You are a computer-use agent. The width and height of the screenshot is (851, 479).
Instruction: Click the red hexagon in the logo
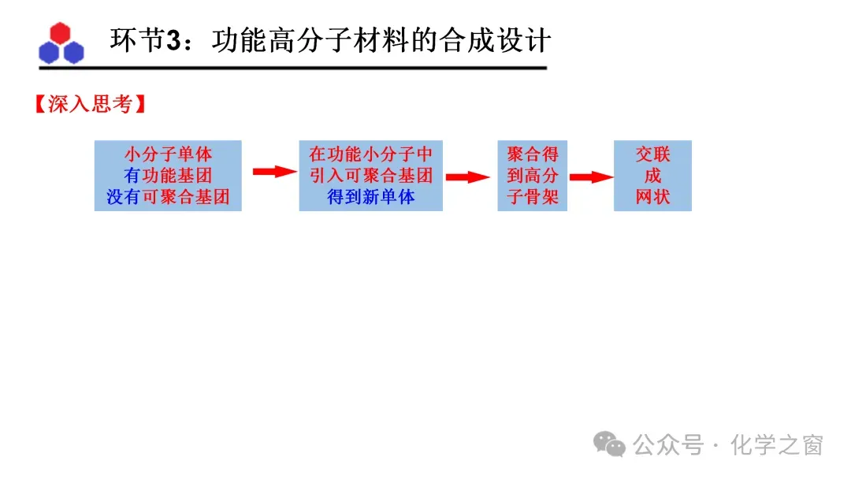pos(61,32)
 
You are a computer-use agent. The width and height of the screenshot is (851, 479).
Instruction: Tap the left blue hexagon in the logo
pos(50,52)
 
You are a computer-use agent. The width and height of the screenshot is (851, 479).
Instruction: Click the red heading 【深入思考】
pos(89,105)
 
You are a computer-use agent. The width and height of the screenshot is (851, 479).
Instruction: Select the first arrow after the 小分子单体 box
pos(274,172)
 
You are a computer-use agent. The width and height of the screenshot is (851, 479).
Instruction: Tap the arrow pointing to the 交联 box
pos(590,177)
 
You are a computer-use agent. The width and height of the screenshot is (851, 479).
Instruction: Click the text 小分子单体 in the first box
pos(168,154)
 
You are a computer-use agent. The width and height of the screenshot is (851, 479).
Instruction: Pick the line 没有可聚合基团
pos(168,197)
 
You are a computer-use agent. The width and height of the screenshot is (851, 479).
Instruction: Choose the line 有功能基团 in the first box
pos(168,176)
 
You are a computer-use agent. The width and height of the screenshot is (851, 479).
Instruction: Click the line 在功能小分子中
pos(370,154)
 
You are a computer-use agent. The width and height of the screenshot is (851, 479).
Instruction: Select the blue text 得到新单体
pos(370,197)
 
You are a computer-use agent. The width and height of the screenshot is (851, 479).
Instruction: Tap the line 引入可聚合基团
pos(370,176)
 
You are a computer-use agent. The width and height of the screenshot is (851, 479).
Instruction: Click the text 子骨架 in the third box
pos(532,197)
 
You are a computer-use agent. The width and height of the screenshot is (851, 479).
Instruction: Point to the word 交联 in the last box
pos(652,154)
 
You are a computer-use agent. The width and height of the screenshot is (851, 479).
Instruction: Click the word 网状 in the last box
pos(652,197)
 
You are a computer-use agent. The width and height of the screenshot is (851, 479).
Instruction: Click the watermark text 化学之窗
pos(776,445)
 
